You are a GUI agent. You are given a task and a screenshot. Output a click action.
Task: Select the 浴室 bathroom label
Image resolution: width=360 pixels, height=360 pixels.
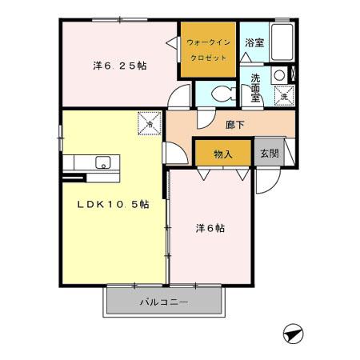[x=255, y=42]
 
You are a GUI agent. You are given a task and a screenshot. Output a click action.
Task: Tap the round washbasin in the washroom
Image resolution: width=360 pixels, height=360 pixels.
[x=279, y=77]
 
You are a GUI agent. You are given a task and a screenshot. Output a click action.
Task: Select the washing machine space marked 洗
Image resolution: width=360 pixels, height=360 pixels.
[x=283, y=96]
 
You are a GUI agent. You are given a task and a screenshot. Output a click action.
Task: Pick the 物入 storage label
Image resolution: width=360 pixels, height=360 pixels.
[x=223, y=153]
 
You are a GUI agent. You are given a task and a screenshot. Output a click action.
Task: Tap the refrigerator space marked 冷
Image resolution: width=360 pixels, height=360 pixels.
[x=149, y=124]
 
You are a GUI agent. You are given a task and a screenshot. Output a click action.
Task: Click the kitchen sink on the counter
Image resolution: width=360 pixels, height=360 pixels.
[x=102, y=162]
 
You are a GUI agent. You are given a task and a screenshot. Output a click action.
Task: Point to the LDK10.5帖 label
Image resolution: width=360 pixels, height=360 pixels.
[x=113, y=204]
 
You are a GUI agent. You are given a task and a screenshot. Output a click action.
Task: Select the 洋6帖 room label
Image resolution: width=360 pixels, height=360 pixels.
[x=210, y=228]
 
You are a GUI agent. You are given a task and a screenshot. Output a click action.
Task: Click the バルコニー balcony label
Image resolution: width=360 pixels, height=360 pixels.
[x=163, y=302]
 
